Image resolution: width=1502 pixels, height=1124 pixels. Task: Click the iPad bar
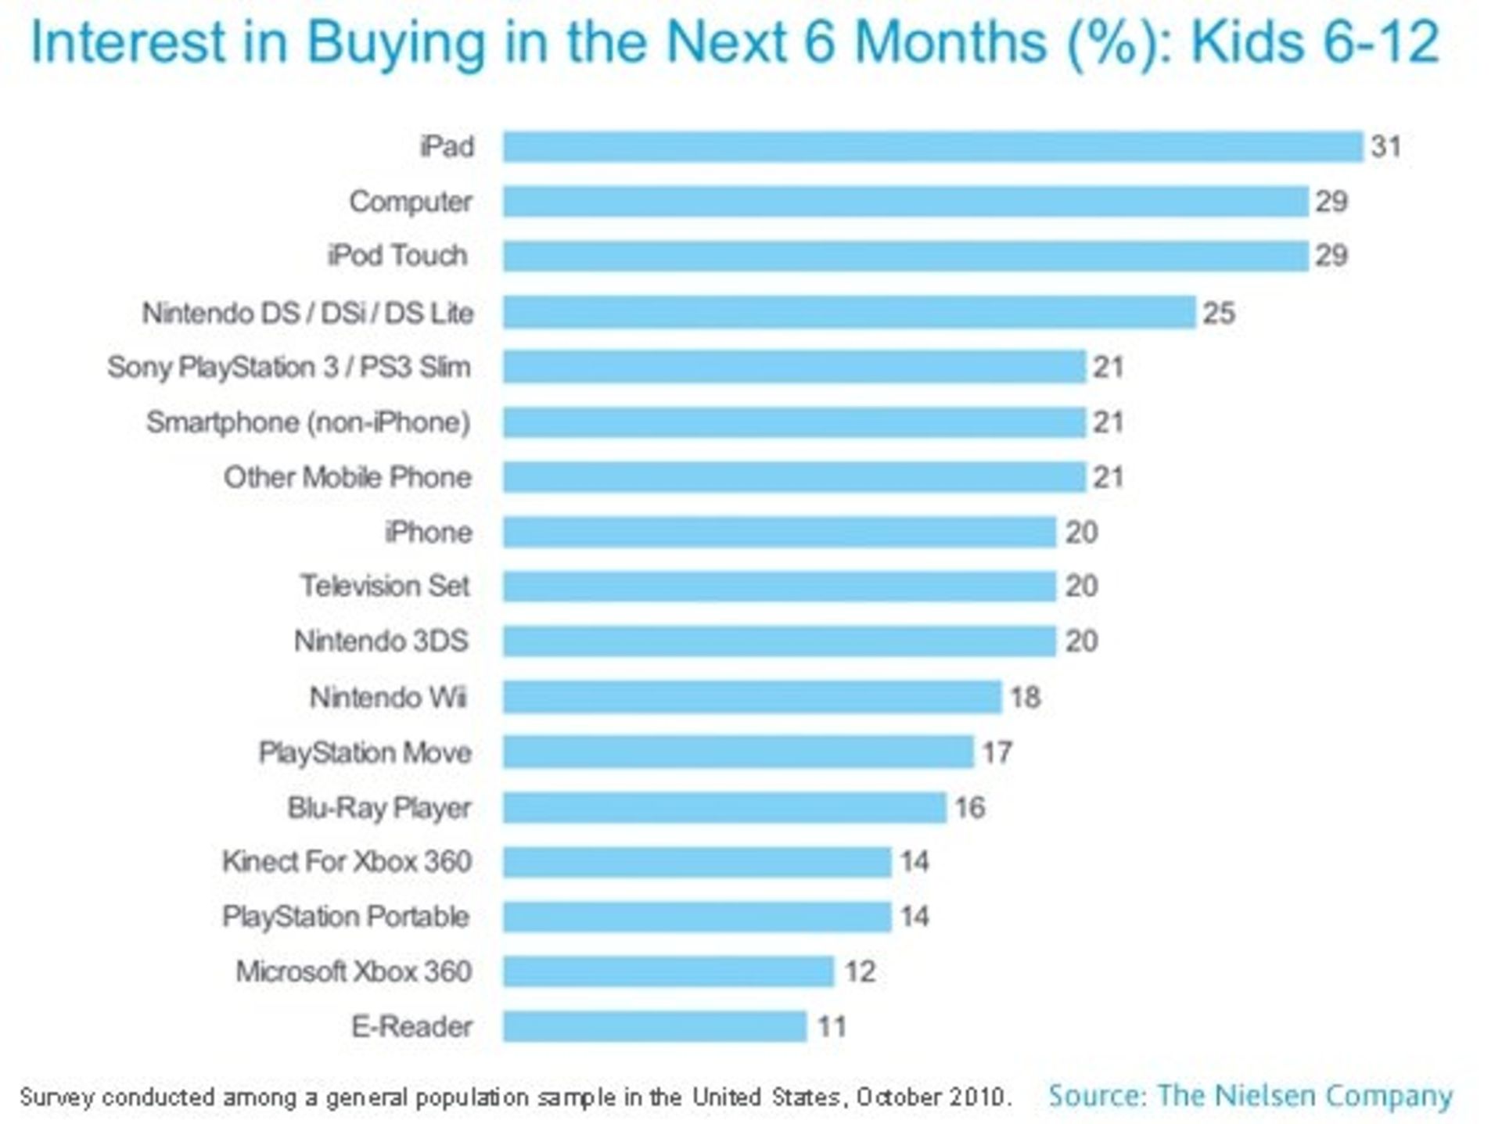click(932, 147)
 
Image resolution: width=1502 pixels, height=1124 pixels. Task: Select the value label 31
click(1385, 147)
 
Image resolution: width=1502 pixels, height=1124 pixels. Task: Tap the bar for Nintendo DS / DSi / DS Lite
click(849, 313)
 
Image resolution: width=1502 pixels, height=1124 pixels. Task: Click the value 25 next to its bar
click(1218, 314)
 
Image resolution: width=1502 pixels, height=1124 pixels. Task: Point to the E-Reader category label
click(411, 1026)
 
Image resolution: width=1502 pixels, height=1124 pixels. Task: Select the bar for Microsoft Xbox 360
click(668, 971)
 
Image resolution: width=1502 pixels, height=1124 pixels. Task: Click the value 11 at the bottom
click(832, 1026)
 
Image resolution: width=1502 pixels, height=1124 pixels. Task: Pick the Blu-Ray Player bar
click(724, 807)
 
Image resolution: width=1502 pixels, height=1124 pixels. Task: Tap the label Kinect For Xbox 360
click(347, 861)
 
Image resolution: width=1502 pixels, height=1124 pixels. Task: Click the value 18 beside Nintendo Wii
click(1025, 697)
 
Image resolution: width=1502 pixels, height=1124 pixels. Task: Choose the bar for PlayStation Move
click(738, 752)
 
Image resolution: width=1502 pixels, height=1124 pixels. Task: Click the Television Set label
click(385, 586)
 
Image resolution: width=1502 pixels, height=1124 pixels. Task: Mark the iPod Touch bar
click(905, 256)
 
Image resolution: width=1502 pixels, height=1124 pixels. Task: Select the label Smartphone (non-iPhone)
click(308, 422)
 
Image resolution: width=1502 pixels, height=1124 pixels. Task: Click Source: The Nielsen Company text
click(1249, 1095)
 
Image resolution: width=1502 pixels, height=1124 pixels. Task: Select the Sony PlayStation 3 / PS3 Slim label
click(289, 367)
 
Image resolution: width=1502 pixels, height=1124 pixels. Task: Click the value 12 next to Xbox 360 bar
click(859, 971)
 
